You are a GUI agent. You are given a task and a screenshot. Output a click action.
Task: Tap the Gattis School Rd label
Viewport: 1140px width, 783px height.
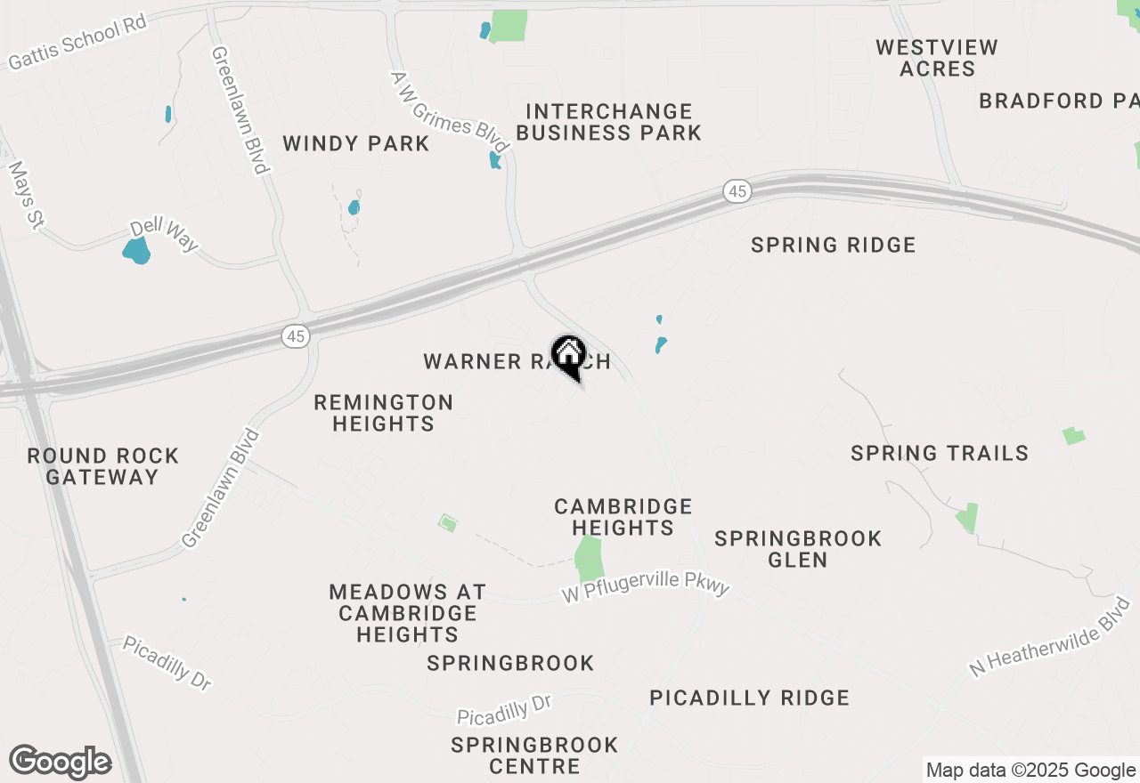point(77,43)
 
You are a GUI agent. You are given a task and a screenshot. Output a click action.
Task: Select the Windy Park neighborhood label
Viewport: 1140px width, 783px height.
point(356,143)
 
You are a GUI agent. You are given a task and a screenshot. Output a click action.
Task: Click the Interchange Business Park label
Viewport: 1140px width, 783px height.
point(609,122)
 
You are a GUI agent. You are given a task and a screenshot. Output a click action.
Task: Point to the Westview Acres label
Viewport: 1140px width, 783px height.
point(937,58)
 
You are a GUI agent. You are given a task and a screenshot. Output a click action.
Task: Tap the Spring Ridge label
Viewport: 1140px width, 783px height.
point(834,245)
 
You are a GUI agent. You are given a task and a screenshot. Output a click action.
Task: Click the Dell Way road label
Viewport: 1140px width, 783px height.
point(164,235)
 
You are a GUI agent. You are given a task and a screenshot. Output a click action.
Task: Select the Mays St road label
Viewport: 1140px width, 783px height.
point(25,194)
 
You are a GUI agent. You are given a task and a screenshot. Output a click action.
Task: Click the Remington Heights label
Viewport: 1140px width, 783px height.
point(384,413)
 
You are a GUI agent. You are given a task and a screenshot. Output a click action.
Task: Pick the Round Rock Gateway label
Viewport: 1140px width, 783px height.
point(103,466)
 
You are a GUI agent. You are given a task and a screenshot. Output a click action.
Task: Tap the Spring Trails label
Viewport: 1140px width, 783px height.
point(940,453)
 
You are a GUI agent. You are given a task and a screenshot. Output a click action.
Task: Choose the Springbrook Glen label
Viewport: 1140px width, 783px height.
point(799,549)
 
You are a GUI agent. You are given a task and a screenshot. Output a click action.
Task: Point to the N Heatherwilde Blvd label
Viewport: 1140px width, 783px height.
point(1051,638)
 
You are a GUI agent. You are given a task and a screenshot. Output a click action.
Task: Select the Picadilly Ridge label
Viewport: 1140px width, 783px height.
point(750,698)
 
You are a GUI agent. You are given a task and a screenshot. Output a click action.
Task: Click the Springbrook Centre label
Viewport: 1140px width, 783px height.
point(522,755)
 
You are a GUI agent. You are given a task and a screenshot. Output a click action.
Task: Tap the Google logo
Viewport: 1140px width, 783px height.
point(60,763)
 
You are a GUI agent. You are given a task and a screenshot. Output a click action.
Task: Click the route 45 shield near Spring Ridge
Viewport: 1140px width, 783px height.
point(737,191)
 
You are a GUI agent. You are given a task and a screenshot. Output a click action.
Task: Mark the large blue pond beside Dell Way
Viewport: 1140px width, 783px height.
point(136,251)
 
